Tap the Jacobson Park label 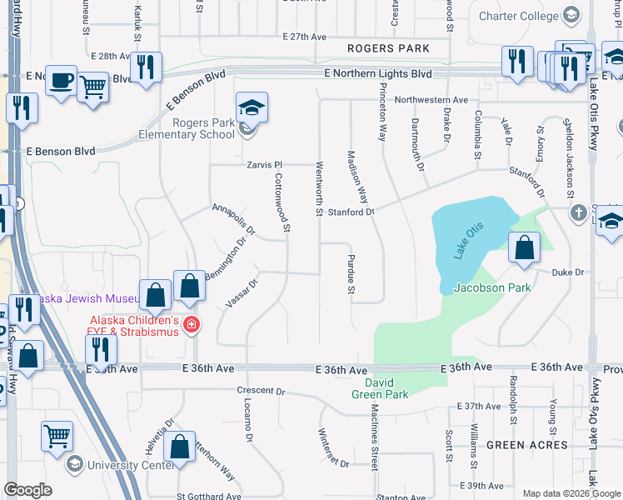(x=491, y=288)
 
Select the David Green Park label (x=380, y=388)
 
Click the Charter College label (x=520, y=16)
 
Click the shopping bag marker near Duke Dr (x=524, y=247)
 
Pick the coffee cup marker (x=61, y=80)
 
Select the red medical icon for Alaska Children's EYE (x=191, y=324)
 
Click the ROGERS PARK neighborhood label (x=389, y=49)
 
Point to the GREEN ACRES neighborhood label (x=528, y=445)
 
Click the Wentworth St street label (x=318, y=187)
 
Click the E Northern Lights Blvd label (x=378, y=73)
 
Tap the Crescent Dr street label (x=261, y=391)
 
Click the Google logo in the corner (x=27, y=490)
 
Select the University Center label (x=112, y=463)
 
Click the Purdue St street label (x=351, y=274)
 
